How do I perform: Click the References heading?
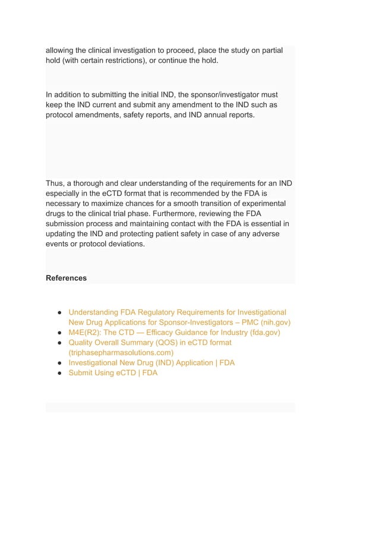pos(66,278)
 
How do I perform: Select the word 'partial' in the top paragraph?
pos(270,50)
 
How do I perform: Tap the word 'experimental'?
pos(264,203)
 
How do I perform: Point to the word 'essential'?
pos(264,223)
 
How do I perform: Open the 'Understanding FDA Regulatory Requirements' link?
pos(177,312)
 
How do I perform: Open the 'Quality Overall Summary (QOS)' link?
pos(150,343)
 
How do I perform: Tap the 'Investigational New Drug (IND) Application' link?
pos(151,363)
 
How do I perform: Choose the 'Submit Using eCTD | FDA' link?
pos(113,373)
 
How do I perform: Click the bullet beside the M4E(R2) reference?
pos(61,333)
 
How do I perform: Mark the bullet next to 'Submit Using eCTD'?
pos(61,373)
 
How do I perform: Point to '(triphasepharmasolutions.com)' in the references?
pos(121,353)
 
